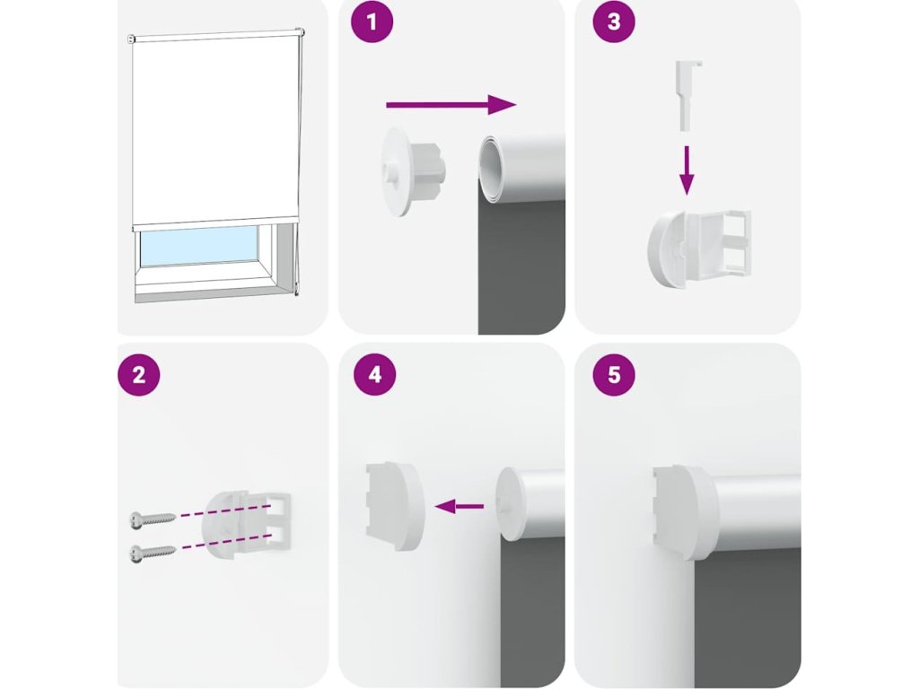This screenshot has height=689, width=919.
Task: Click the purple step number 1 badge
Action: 372,22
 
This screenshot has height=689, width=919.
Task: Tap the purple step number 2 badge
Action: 139,374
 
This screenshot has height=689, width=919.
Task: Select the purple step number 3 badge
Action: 614,22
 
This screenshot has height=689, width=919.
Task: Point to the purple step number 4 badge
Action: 375,374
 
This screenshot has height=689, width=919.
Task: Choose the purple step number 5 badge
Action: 614,374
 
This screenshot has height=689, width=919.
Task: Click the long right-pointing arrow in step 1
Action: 451,105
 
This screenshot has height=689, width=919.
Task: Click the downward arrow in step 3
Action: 687,170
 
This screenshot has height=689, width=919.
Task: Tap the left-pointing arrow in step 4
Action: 459,506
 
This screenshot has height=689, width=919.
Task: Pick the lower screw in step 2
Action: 153,552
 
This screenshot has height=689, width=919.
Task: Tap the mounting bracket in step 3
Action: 698,249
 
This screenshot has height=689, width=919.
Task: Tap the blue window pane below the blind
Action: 199,245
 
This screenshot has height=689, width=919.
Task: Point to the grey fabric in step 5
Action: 748,615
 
